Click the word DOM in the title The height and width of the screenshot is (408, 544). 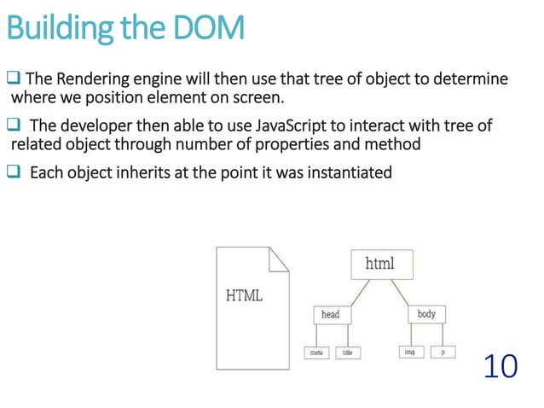click(208, 29)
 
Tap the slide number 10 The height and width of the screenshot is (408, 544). click(500, 366)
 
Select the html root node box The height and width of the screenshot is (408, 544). click(380, 264)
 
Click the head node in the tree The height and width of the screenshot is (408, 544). click(330, 315)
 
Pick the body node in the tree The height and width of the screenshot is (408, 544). click(426, 315)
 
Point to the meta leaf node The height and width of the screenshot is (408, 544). click(315, 352)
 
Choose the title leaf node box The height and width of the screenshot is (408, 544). click(348, 352)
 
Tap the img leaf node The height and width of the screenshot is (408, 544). click(409, 352)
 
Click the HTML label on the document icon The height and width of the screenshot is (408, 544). click(244, 296)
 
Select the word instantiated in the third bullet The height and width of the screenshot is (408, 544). click(340, 173)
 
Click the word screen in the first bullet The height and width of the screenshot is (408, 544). click(255, 97)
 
